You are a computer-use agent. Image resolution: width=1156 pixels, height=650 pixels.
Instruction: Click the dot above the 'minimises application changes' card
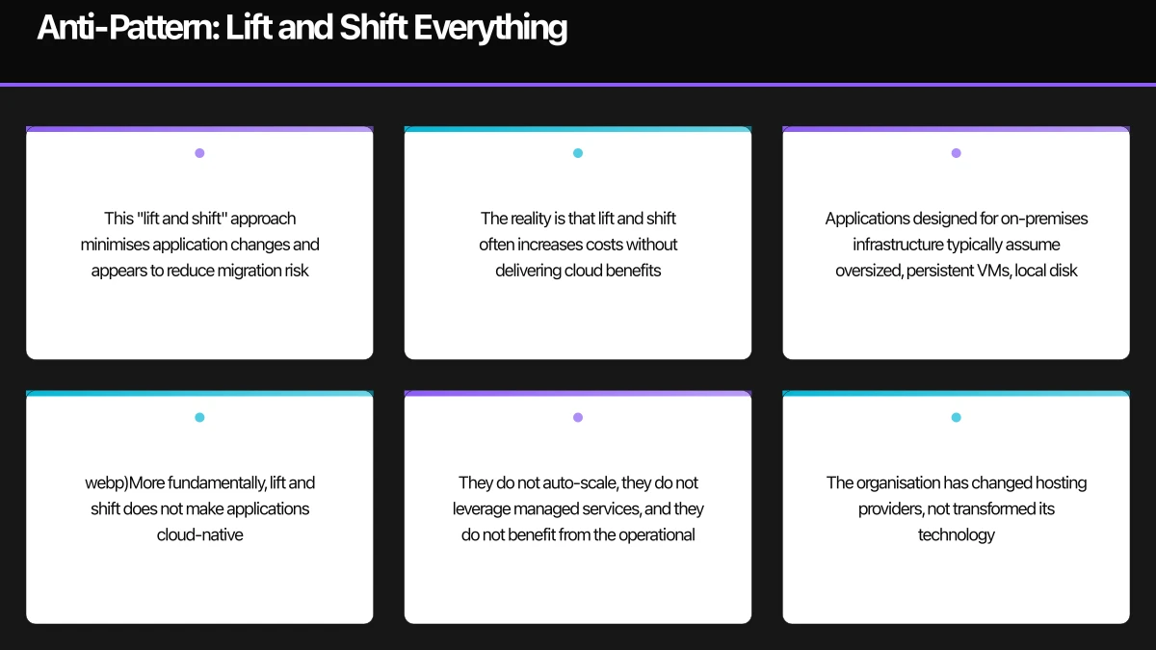click(x=199, y=153)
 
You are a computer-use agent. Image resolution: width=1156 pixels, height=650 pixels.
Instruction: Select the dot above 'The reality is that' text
click(x=578, y=153)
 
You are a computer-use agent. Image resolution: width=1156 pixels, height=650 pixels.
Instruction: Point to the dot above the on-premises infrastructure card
click(x=956, y=153)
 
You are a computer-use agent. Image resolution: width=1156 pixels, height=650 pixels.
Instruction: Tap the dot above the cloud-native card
click(x=199, y=417)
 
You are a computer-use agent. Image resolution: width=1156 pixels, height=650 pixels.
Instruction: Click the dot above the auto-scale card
click(x=578, y=417)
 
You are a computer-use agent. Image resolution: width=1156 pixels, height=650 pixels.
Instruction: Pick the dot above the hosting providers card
click(x=956, y=417)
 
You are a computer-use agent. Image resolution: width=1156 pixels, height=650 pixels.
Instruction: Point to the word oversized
click(x=868, y=271)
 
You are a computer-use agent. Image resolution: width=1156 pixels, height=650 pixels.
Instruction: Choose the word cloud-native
click(x=200, y=534)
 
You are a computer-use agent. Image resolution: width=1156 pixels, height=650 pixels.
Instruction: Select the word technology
click(x=956, y=534)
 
